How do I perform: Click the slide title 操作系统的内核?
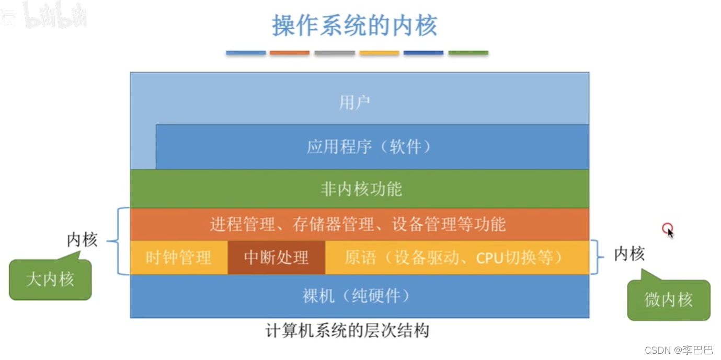(354, 26)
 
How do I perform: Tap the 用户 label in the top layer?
(354, 102)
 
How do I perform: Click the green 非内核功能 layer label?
(361, 189)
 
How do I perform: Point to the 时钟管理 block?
(178, 257)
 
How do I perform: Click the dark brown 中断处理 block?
(276, 257)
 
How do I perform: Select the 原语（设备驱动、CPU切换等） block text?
(454, 257)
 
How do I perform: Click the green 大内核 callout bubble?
(50, 280)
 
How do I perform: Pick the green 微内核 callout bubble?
(668, 300)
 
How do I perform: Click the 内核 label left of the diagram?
(82, 240)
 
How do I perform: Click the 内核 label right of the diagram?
(629, 254)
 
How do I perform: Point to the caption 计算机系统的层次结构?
(347, 331)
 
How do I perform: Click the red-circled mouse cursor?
(668, 229)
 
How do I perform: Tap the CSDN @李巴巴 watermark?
(678, 350)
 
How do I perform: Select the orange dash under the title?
(289, 53)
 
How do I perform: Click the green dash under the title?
(468, 53)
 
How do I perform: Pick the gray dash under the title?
(335, 53)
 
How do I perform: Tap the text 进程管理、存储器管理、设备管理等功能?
(358, 224)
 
